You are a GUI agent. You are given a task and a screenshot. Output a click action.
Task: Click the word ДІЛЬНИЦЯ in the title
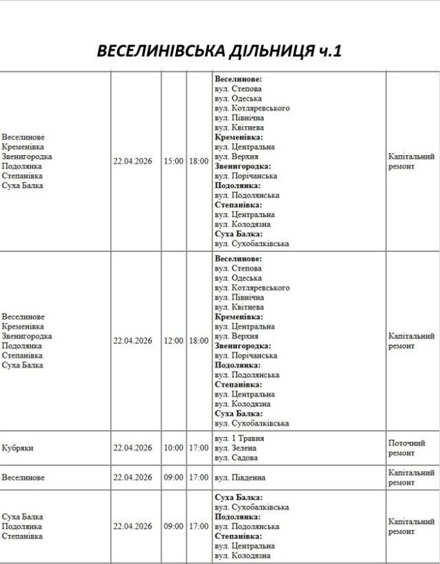point(265,52)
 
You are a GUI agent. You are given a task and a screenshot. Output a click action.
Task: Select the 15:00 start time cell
point(172,161)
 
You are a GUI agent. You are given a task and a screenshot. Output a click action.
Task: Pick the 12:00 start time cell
point(172,341)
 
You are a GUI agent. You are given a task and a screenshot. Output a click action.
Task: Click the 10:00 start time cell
point(172,448)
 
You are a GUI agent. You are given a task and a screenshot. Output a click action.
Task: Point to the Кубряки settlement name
point(18,448)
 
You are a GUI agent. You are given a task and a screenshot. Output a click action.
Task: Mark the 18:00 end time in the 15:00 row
point(199,161)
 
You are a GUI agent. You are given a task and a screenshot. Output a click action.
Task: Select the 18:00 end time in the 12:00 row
point(199,341)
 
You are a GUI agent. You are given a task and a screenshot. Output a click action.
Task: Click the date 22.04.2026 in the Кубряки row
point(132,448)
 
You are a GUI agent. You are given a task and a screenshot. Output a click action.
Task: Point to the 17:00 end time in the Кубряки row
point(199,448)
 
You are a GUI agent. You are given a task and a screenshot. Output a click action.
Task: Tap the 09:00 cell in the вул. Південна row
point(172,477)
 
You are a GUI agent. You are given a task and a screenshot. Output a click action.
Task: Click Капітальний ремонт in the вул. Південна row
point(411,477)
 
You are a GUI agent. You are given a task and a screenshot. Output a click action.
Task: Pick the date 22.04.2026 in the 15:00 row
point(132,161)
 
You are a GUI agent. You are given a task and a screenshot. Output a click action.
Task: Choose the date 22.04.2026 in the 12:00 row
point(132,341)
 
